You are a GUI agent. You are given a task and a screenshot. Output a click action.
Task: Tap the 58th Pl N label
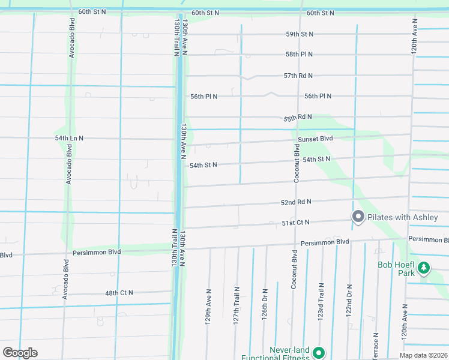(x=300, y=54)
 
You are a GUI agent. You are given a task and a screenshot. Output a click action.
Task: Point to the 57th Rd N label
(x=298, y=76)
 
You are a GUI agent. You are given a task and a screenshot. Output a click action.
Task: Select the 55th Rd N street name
(x=298, y=117)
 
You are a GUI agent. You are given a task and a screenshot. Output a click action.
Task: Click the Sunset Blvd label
(x=315, y=139)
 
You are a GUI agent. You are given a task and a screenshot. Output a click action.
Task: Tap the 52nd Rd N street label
(x=296, y=202)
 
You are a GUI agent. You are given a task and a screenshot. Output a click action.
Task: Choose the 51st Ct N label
(x=295, y=223)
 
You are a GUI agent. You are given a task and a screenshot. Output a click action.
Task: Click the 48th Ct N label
(x=119, y=293)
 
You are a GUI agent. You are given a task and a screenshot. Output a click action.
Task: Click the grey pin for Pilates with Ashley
(x=358, y=217)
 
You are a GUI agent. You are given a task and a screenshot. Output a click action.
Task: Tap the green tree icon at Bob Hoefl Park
(x=424, y=268)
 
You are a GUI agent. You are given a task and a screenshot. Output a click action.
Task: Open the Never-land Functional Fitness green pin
(x=318, y=353)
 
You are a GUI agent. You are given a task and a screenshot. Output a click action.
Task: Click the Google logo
(x=20, y=353)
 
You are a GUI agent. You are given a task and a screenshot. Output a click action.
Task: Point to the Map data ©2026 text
(x=423, y=355)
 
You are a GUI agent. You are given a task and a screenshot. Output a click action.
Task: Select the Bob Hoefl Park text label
(x=397, y=268)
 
